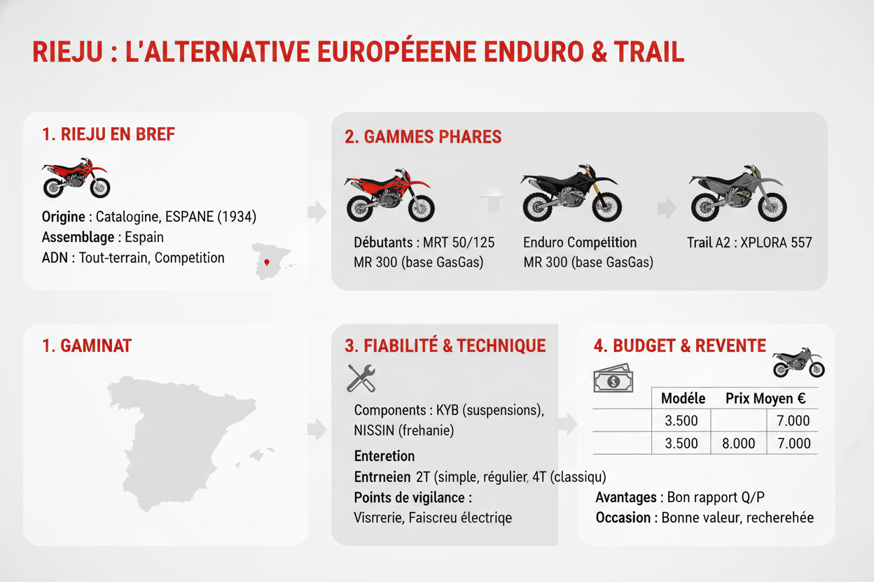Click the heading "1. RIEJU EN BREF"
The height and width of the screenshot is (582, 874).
pos(109,134)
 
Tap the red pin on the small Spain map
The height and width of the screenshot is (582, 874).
pos(267,262)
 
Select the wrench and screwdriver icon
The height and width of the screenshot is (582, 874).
pos(361,378)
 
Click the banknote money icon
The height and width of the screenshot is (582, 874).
pos(613,378)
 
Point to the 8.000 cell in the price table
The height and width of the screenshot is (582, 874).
pos(739,443)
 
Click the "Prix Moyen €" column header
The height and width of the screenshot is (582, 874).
pos(765,399)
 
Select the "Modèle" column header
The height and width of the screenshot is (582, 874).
pos(684,399)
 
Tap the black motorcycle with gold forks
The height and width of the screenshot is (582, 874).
pos(571,193)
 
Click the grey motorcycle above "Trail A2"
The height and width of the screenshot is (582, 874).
pos(738,193)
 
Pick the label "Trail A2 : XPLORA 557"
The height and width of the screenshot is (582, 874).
pos(749,243)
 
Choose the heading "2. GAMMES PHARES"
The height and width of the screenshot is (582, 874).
pos(423,137)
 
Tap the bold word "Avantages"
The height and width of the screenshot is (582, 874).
pos(626,497)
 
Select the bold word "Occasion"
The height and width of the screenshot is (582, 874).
pos(623,518)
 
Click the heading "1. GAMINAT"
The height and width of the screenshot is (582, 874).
pos(87,346)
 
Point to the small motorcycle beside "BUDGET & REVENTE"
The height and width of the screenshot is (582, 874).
pos(798,362)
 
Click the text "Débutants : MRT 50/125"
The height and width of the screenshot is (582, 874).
pos(424,243)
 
